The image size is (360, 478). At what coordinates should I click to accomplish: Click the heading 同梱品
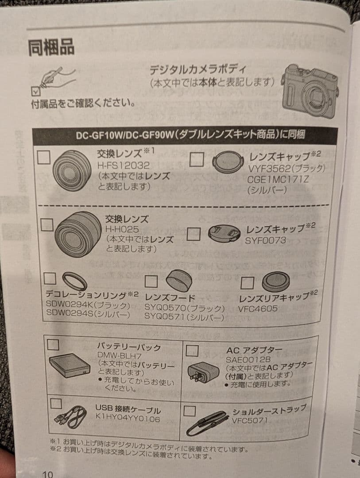pyautogui.click(x=51, y=47)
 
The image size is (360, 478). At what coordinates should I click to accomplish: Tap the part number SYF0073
pyautogui.click(x=266, y=240)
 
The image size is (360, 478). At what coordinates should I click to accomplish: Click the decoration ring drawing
pyautogui.click(x=74, y=281)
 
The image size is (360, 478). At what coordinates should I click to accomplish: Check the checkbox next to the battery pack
pyautogui.click(x=53, y=344)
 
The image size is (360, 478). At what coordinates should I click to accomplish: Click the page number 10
pyautogui.click(x=47, y=474)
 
